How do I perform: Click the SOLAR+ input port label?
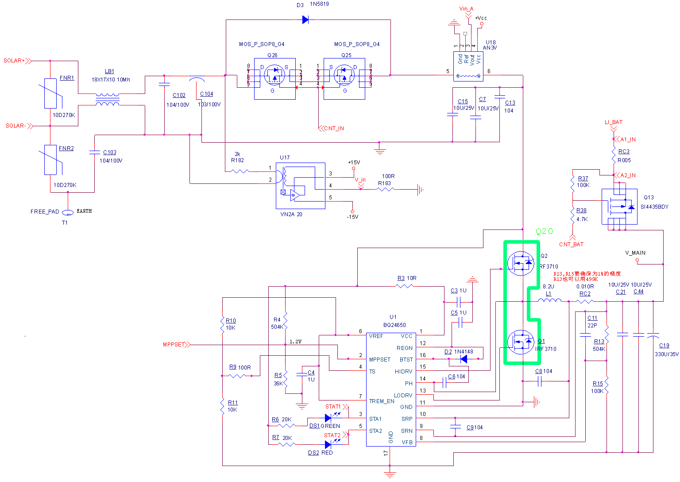pos(14,61)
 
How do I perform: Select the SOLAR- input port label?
pos(16,126)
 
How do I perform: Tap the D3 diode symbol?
pos(305,19)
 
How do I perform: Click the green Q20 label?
pos(544,231)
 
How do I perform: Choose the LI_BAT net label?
pos(614,122)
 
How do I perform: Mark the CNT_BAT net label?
pos(571,245)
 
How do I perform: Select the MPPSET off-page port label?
pos(174,345)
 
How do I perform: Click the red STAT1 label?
pos(333,407)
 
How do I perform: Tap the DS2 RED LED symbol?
pos(328,444)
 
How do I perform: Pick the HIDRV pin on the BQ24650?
pos(403,372)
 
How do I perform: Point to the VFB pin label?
pos(407,442)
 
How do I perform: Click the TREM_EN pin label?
pos(382,401)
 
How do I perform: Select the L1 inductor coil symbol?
pos(549,301)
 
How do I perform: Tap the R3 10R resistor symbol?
pos(404,286)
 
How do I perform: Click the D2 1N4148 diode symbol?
pos(463,359)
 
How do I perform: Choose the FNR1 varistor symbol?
pos(50,93)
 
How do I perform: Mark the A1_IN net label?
pos(628,140)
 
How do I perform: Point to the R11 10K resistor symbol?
pos(222,406)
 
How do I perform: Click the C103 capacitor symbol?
pos(95,152)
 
